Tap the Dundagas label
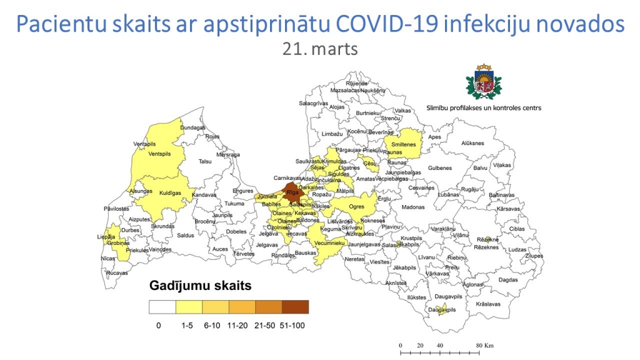[x=192, y=127]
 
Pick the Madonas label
[x=412, y=207]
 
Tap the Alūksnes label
[x=473, y=143]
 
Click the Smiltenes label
[x=404, y=144]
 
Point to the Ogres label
[x=356, y=206]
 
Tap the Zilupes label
[x=534, y=256]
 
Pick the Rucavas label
[x=117, y=273]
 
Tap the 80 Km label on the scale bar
[x=484, y=345]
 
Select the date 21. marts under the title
[x=320, y=49]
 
